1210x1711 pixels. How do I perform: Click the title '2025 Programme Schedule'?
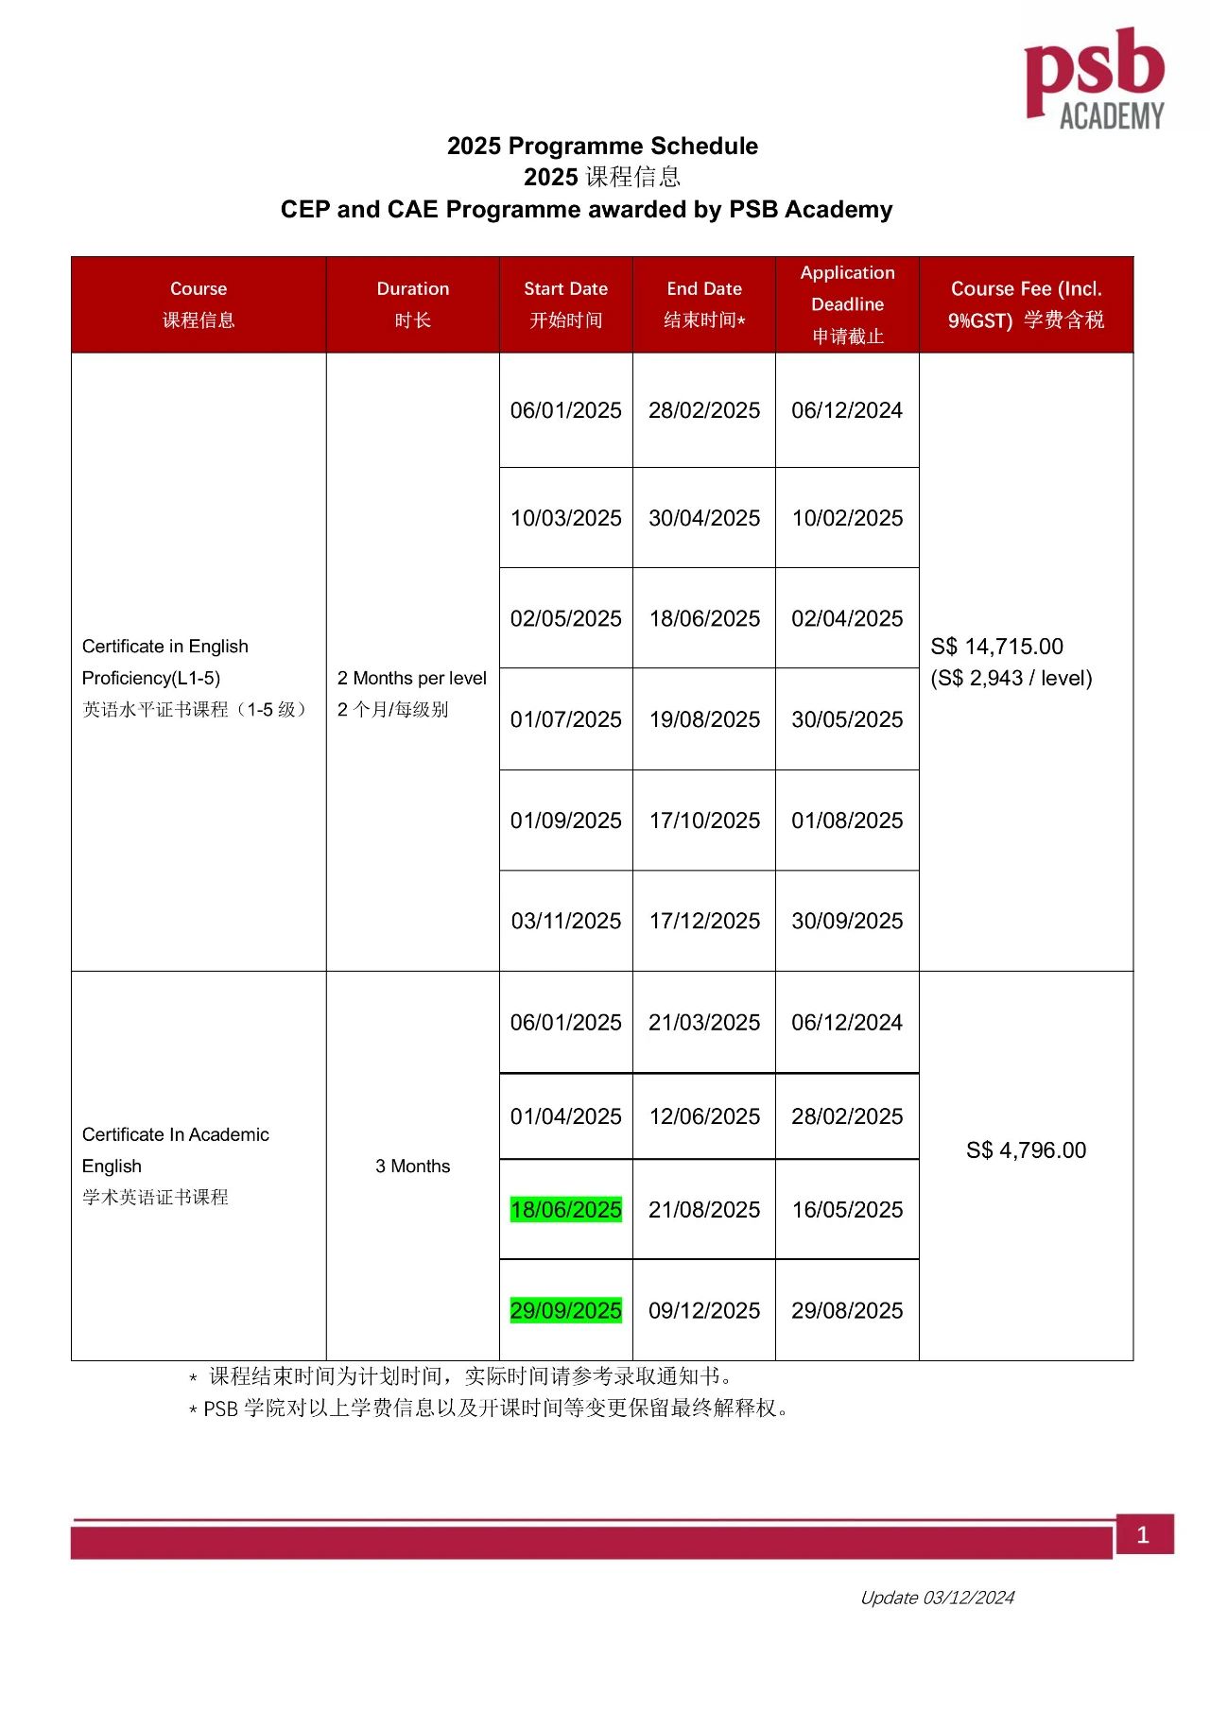click(x=602, y=146)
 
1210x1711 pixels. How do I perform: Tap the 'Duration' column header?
click(x=413, y=289)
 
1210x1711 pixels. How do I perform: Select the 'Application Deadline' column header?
click(x=847, y=288)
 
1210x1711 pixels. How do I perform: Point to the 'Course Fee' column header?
click(x=1026, y=289)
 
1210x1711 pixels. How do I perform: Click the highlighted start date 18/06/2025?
click(x=565, y=1210)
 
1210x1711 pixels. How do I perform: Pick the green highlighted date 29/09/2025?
click(x=565, y=1310)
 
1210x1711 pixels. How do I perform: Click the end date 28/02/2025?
click(x=704, y=410)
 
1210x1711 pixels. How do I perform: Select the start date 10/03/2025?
click(x=565, y=518)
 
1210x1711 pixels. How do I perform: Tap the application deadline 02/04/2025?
click(x=847, y=618)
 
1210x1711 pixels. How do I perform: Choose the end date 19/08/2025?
click(x=704, y=719)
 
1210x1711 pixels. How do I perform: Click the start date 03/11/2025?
click(x=565, y=921)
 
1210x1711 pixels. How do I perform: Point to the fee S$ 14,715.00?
click(x=996, y=647)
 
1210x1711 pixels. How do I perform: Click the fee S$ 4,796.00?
click(x=1026, y=1150)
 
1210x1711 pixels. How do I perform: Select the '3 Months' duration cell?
click(x=413, y=1166)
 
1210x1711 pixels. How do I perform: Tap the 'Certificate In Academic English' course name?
click(x=176, y=1149)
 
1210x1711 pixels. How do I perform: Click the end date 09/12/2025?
click(x=704, y=1310)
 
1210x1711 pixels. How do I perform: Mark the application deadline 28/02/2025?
click(x=847, y=1116)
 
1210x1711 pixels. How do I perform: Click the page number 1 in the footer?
click(x=1143, y=1534)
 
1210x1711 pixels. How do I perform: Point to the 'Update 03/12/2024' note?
click(x=937, y=1598)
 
